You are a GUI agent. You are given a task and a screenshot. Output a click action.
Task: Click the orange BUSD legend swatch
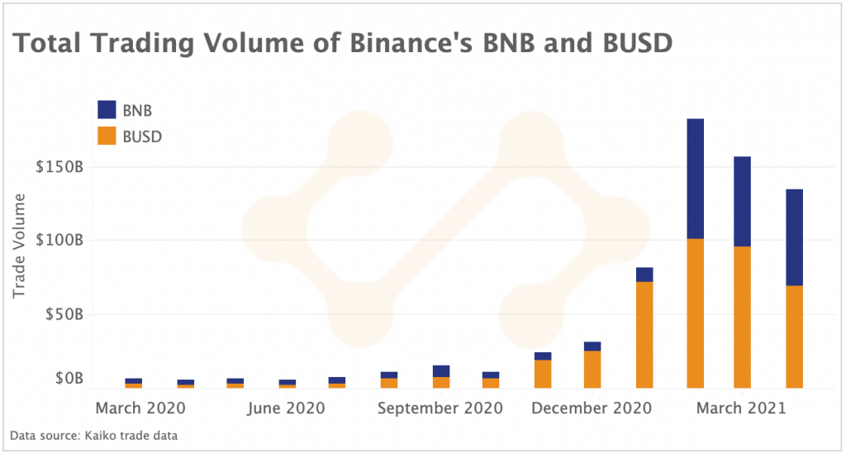(107, 136)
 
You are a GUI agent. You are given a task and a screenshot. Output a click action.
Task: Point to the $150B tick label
(60, 167)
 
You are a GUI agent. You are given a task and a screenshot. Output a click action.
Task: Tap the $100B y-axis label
(60, 241)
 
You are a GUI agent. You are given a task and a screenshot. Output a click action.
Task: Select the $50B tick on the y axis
(64, 315)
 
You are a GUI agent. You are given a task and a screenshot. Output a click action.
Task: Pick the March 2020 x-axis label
(140, 409)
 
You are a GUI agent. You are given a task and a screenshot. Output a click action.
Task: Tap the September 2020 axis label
(440, 409)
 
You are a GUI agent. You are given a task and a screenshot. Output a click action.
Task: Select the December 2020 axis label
(591, 409)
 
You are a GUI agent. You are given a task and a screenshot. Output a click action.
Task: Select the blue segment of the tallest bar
(695, 179)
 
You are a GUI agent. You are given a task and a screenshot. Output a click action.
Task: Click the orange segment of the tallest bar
(695, 313)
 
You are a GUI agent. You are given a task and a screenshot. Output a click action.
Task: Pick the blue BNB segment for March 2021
(742, 201)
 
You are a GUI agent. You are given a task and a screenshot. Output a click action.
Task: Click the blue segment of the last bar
(794, 237)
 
